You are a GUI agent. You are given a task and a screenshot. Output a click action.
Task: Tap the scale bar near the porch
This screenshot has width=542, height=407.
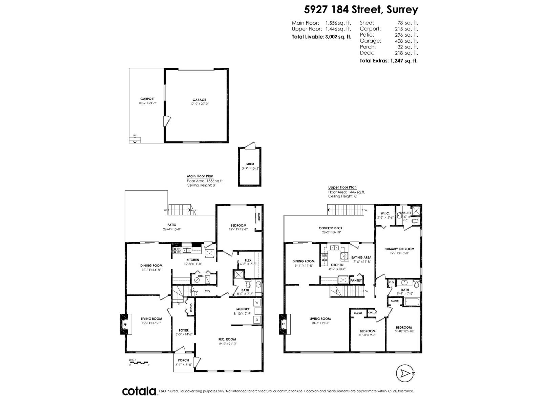coord(139,363)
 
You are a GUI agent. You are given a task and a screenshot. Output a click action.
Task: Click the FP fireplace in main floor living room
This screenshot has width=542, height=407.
coord(125,324)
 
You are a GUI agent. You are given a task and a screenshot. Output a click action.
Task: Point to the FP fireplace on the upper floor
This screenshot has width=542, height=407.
coord(283,324)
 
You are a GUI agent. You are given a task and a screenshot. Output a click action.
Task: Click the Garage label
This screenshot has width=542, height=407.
coord(199,100)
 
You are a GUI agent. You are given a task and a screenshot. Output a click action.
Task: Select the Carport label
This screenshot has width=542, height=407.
coord(147,99)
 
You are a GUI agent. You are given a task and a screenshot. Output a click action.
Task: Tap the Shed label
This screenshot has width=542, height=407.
coord(250,164)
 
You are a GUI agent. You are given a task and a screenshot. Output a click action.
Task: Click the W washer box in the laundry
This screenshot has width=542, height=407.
coord(257,303)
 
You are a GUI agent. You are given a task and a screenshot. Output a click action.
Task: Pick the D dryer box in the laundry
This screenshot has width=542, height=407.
coord(257,320)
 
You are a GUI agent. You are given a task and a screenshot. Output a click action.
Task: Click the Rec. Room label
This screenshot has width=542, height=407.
coord(227,339)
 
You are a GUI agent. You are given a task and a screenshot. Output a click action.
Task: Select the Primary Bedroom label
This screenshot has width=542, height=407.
coord(399,249)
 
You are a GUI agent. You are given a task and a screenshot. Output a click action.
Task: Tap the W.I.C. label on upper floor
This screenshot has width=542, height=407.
coord(385,213)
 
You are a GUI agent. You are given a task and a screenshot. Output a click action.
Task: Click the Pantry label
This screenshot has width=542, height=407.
coord(356,280)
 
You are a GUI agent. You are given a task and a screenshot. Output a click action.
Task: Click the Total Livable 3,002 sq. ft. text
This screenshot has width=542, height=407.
coord(321,37)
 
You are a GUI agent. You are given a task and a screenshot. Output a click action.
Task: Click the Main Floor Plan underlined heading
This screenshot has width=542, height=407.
coord(200,176)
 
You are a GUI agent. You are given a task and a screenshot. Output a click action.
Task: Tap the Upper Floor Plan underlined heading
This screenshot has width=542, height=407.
coord(342,187)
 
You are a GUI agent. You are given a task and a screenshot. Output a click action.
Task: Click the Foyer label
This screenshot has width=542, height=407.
coord(184,330)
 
